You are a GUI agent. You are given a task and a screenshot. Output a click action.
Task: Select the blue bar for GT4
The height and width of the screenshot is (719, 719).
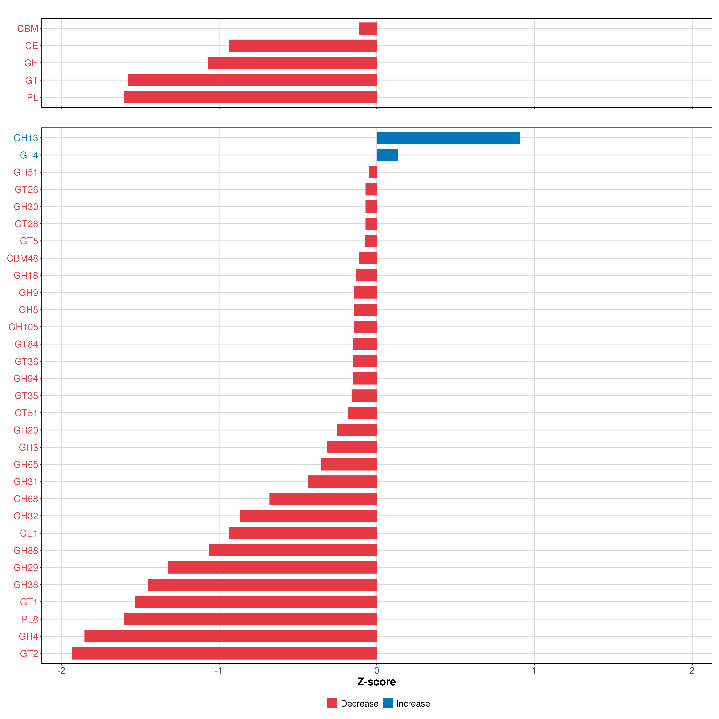pos(387,155)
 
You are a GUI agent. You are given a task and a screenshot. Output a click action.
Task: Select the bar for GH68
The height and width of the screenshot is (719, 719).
pos(323,499)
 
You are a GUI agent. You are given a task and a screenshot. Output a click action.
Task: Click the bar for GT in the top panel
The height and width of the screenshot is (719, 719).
pos(252,80)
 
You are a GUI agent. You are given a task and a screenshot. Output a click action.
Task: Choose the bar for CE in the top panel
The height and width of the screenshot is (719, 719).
pos(303,46)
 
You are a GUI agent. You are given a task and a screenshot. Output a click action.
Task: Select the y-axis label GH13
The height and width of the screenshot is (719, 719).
pos(26,138)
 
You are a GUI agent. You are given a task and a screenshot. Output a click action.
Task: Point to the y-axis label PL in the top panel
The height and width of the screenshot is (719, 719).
pos(32,98)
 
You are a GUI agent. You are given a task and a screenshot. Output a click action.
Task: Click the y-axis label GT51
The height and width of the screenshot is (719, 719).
pos(26,413)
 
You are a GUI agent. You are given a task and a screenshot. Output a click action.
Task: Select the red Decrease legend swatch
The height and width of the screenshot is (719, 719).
pos(332,703)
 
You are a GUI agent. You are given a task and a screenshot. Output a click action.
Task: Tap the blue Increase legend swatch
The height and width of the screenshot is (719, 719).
pos(387,703)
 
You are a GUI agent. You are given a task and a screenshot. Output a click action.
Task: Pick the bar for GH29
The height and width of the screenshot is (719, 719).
pos(272,568)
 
